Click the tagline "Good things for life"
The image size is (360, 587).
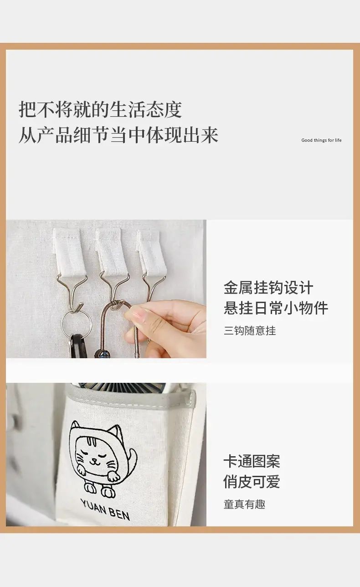click(321, 140)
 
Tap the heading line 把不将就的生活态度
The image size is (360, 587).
click(100, 109)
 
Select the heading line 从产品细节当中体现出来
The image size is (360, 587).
click(118, 135)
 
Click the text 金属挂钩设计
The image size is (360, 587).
click(268, 288)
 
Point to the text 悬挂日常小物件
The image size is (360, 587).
click(276, 308)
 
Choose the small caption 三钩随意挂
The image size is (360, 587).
click(250, 331)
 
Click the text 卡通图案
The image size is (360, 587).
click(252, 469)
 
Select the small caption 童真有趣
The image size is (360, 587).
click(244, 511)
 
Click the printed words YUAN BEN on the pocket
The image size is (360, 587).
click(105, 510)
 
